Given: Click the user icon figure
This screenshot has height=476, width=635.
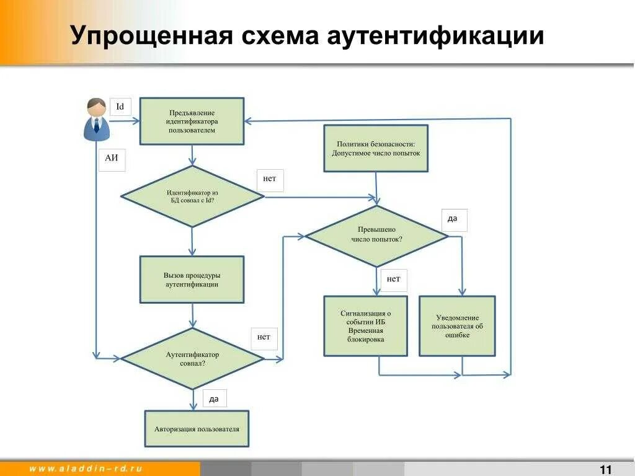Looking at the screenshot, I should tap(97, 119).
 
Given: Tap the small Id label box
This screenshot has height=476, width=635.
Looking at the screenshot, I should tap(120, 107).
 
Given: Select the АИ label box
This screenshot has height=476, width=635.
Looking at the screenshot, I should tap(112, 159).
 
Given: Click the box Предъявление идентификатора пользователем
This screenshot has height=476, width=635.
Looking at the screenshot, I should tap(192, 121).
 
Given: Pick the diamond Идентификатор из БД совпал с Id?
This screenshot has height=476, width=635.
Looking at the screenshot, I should tap(192, 196).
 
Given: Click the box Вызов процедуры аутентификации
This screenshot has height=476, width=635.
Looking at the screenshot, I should tap(192, 280).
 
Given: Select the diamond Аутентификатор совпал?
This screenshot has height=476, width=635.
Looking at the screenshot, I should tap(192, 359).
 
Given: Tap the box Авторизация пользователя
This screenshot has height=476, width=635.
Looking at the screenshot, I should tap(197, 429).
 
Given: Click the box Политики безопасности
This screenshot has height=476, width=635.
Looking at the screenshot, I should tap(376, 148).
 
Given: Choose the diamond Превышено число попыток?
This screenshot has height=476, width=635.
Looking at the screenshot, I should tap(376, 235).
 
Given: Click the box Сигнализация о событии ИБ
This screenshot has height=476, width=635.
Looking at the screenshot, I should tap(366, 326).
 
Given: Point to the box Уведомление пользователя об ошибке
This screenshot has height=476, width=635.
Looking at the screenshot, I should tap(457, 326).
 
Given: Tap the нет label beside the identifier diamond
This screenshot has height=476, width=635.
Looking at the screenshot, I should tap(270, 179).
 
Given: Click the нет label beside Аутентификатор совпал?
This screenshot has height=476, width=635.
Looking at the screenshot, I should tap(264, 338).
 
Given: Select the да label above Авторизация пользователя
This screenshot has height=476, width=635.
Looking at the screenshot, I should tap(214, 399).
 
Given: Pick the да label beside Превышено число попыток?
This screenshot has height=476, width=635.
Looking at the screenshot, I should tap(453, 219).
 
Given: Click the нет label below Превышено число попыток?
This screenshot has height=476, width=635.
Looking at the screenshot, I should tap(393, 279).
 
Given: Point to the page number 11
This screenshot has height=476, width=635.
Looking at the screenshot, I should tap(606, 469).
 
